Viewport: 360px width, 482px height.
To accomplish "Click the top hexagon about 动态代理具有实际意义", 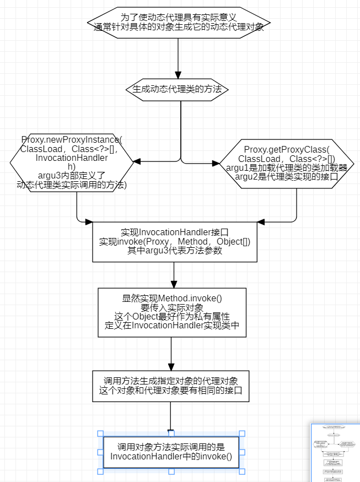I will tap(178, 23).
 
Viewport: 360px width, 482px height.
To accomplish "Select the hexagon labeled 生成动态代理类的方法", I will tap(178, 88).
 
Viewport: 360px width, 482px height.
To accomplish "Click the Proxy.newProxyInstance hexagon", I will tap(72, 162).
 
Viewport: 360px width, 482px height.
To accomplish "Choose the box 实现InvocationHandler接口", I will tap(174, 241).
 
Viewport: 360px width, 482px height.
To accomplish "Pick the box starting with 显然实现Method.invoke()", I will tap(171, 312).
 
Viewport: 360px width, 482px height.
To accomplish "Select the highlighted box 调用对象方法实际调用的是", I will tap(171, 452).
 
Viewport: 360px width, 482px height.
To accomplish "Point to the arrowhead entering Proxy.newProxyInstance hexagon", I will tap(137, 162).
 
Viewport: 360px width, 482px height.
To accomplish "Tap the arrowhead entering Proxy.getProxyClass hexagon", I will tap(215, 163).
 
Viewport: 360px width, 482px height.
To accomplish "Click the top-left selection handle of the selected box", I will tap(100, 434).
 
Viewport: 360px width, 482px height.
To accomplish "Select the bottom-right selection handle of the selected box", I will tap(242, 472).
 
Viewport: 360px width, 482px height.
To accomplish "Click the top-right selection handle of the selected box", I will tap(242, 434).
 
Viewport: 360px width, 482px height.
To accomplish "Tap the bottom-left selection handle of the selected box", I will tap(100, 472).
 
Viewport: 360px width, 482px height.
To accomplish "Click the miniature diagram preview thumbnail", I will tap(335, 453).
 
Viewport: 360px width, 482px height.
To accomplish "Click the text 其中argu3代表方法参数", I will tap(174, 250).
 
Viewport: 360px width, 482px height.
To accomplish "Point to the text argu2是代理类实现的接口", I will tap(286, 176).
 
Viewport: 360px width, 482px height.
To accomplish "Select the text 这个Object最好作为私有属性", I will tap(171, 316).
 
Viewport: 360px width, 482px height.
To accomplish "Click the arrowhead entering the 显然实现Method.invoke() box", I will tap(174, 283).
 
